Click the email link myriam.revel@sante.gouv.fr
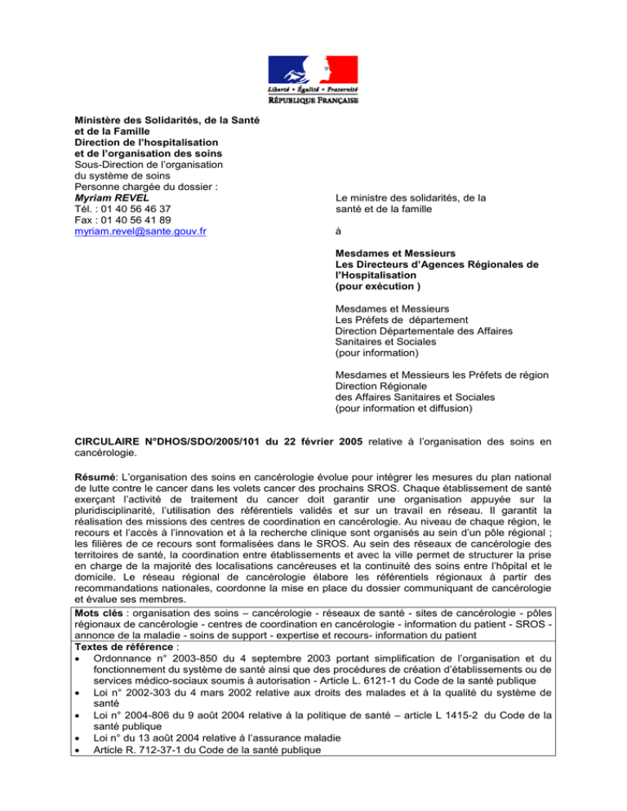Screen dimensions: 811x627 pos(139,231)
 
